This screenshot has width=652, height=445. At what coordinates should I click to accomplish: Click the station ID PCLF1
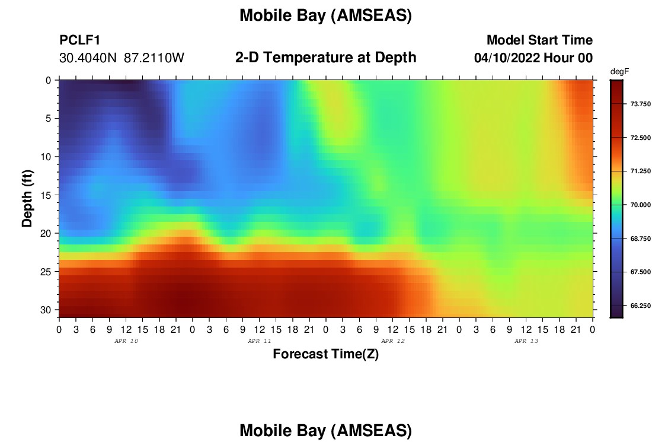click(x=80, y=40)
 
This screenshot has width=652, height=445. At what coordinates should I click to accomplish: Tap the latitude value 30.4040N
click(x=88, y=58)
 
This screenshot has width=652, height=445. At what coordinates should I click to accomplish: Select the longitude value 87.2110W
click(x=154, y=58)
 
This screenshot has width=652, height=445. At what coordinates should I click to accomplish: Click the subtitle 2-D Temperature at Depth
click(x=325, y=58)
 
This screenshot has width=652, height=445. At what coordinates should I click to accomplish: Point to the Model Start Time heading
click(x=540, y=40)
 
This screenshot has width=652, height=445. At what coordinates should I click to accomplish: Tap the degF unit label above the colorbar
click(x=619, y=72)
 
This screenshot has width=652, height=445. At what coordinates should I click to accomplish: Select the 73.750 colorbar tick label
click(x=640, y=104)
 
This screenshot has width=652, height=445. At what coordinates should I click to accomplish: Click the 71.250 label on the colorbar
click(x=640, y=171)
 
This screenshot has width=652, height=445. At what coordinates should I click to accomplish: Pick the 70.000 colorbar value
click(x=640, y=205)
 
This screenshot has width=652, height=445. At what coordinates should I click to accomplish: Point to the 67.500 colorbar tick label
click(x=640, y=272)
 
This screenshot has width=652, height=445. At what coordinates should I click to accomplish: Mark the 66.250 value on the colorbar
click(x=640, y=306)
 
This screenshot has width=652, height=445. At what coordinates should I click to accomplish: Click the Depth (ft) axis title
click(x=27, y=199)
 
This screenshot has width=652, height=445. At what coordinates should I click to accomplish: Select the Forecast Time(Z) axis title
click(x=325, y=354)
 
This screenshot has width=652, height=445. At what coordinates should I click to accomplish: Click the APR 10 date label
click(x=126, y=341)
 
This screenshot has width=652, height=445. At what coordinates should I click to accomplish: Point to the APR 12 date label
click(x=393, y=341)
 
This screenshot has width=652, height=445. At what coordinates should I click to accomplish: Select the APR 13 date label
click(x=526, y=341)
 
